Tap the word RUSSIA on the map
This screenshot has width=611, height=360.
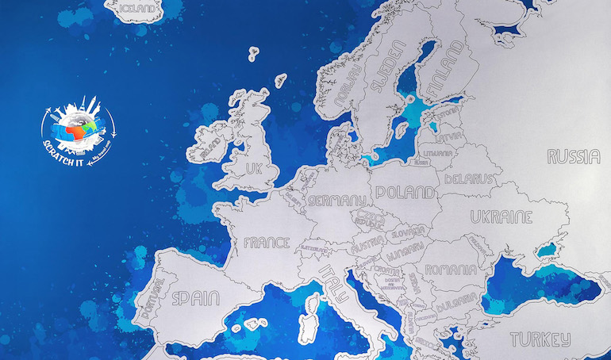point(573,156)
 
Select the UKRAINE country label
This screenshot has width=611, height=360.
point(501,216)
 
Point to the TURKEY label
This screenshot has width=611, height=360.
point(540,339)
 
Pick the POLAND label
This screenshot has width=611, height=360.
point(405,192)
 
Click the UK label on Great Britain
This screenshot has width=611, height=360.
point(253,169)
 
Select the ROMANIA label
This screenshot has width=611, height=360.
point(451,270)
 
